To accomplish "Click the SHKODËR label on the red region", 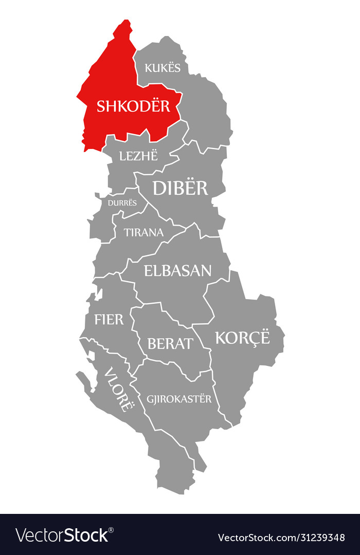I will point(133,106).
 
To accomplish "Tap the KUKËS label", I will point(163,67).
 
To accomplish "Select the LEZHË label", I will point(138,155).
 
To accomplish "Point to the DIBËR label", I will point(180,188).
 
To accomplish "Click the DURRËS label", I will point(122,202).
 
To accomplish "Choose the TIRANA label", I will point(143,232).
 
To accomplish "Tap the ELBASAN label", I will point(177,270).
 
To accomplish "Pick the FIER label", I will point(109,319).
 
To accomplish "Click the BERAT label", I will point(170,343).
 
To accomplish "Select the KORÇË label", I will point(242,338).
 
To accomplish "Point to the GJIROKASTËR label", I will point(179,399).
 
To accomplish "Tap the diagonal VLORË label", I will point(118,389).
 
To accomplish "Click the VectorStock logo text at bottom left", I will point(62,535).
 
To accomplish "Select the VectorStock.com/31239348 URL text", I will point(281,538).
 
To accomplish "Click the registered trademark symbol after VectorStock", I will point(111,529).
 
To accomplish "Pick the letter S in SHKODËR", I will point(101,106).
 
